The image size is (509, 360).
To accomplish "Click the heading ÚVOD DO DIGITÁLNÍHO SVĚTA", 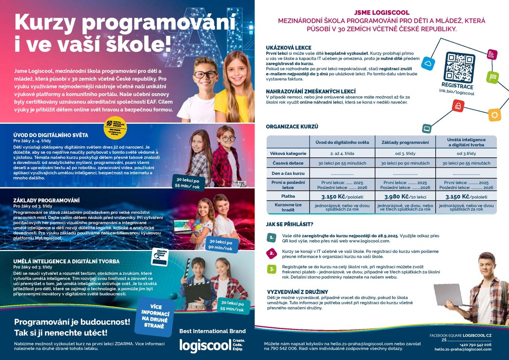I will pos(50,135).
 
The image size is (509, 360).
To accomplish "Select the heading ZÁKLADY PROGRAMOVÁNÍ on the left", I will pos(46,200).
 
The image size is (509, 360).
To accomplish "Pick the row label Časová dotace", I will pos(288,163).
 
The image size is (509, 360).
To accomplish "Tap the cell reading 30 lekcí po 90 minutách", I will pos(405,163).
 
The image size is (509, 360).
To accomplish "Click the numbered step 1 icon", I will pos(272,237).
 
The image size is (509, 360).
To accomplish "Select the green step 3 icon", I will pos(272,268).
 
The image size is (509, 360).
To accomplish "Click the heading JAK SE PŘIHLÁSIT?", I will pos(290,224).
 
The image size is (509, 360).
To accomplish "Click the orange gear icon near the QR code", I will pos(494,115).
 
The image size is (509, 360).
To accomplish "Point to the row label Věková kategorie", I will pos(288,153).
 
